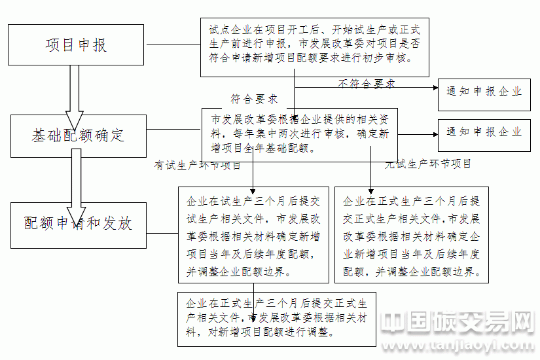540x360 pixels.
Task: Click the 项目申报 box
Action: tap(76, 45)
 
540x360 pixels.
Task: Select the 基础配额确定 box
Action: tap(77, 136)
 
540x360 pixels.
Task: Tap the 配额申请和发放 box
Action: tap(79, 225)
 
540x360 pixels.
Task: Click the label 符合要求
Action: tap(254, 99)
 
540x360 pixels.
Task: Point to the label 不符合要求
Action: tap(367, 84)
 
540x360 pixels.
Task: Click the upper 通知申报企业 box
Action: tap(484, 92)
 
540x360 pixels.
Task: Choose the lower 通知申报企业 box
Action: tap(484, 132)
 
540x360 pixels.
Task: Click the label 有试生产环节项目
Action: tap(198, 166)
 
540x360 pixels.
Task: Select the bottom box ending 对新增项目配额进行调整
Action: tap(277, 318)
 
